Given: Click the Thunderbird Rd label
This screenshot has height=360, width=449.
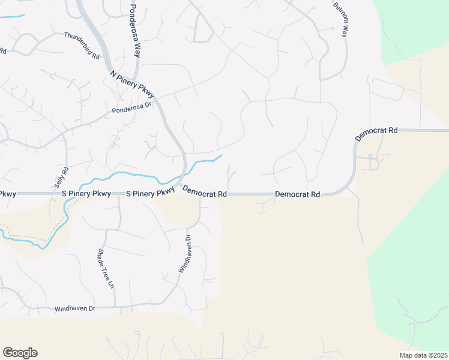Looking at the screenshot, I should pyautogui.click(x=82, y=44).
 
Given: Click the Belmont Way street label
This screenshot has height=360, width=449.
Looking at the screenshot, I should pyautogui.click(x=340, y=19).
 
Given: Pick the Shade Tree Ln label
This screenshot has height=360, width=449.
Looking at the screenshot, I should pyautogui.click(x=106, y=269).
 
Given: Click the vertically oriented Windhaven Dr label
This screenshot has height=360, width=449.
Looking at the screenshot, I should pyautogui.click(x=184, y=254).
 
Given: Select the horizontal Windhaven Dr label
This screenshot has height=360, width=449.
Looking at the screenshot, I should pyautogui.click(x=75, y=308).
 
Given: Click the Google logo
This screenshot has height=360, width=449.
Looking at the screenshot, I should pyautogui.click(x=20, y=352).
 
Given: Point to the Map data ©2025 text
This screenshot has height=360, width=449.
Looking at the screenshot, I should pyautogui.click(x=423, y=355).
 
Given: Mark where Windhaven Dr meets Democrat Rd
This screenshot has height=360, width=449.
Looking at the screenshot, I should pyautogui.click(x=199, y=194).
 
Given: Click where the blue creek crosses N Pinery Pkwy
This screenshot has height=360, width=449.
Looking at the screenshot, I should pyautogui.click(x=183, y=175).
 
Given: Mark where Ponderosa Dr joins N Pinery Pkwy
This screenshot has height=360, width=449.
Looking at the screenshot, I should pyautogui.click(x=158, y=100).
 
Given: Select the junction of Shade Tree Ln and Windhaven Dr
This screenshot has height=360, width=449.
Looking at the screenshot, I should pyautogui.click(x=113, y=307).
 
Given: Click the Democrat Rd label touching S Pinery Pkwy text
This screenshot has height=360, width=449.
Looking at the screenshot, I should pyautogui.click(x=205, y=193).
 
